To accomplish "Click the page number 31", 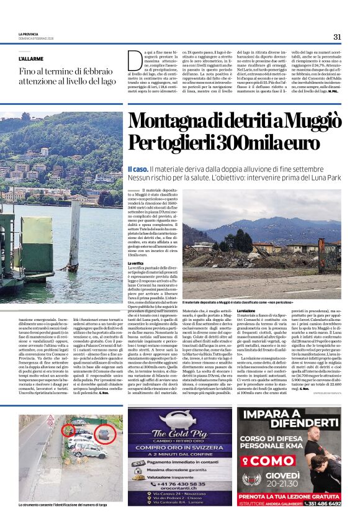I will [x=337, y=37].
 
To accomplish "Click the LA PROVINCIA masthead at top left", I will [x=29, y=34].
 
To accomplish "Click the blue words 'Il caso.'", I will [x=137, y=169].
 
